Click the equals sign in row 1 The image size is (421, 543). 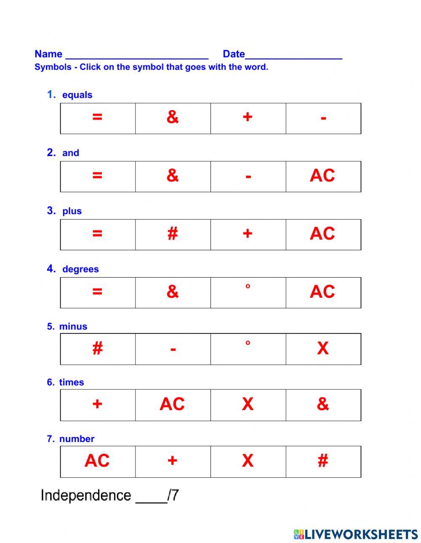click(97, 117)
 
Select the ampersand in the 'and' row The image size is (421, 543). click(173, 175)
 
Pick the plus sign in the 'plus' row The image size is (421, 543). click(248, 233)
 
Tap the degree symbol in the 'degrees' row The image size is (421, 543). click(248, 287)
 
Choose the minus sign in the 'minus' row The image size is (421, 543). click(173, 349)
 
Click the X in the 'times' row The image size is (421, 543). click(248, 404)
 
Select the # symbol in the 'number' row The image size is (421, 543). click(323, 461)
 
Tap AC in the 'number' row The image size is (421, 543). click(97, 461)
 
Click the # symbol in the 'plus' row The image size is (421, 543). click(173, 233)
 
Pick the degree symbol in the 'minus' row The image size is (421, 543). click(248, 343)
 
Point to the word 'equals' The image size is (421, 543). click(77, 95)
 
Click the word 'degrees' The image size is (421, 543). click(80, 269)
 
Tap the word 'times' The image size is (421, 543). click(72, 382)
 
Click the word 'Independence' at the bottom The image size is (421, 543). click(86, 495)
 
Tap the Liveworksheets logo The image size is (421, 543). click(356, 534)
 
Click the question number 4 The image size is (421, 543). click(51, 269)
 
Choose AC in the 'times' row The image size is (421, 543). click(172, 404)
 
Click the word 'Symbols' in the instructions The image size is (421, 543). click(53, 67)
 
